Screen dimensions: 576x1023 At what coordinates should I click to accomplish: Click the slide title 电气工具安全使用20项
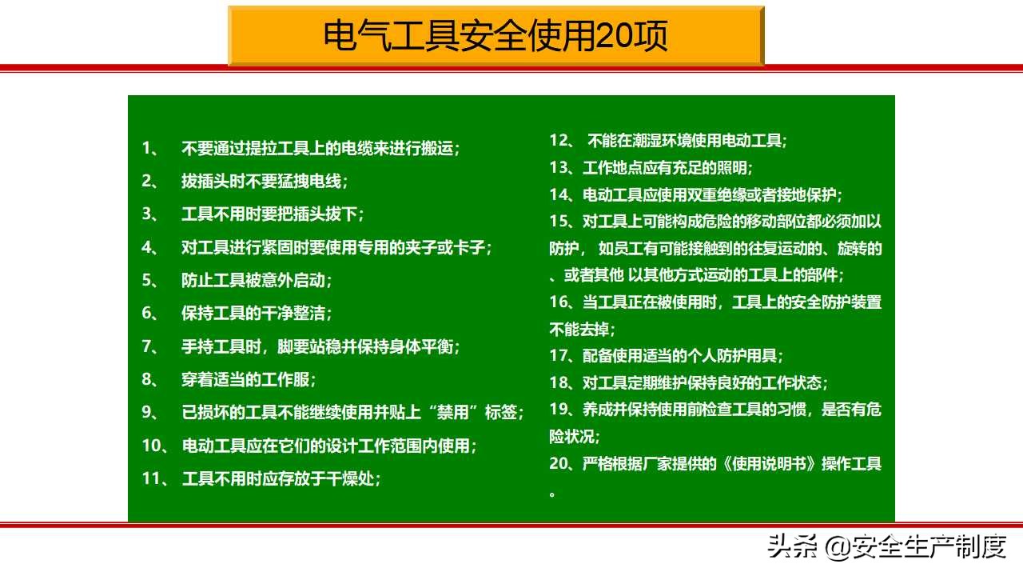click(x=496, y=36)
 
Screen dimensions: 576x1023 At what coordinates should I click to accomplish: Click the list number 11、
click(x=155, y=478)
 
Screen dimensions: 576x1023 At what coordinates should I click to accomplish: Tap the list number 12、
click(x=562, y=141)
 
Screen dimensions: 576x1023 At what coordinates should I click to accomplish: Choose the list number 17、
click(x=562, y=355)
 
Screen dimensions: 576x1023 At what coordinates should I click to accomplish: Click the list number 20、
click(x=562, y=463)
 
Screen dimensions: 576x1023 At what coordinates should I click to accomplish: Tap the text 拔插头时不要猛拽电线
click(x=261, y=181)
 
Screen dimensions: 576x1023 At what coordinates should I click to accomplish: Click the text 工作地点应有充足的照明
click(x=666, y=168)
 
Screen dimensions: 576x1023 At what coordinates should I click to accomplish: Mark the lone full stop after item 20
click(x=552, y=494)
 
